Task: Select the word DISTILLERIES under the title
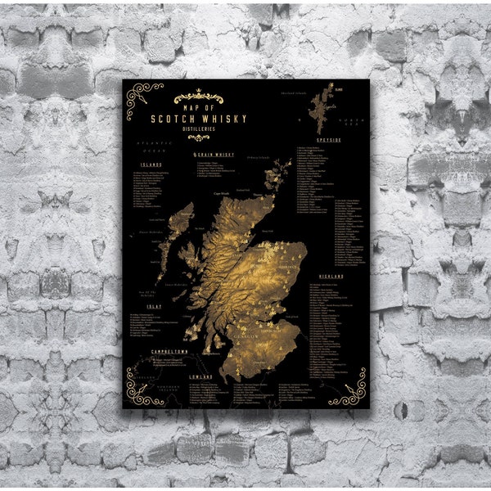pos(200,128)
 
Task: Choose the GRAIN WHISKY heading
pos(214,154)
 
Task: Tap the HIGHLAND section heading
pos(331,276)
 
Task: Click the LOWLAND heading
pos(201,377)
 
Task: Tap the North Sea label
pos(351,122)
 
